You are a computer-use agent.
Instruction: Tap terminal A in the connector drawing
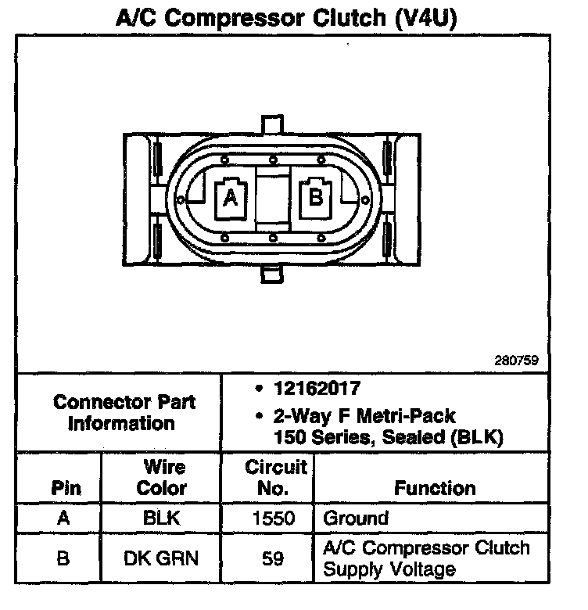point(231,197)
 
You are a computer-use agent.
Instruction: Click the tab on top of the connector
point(271,124)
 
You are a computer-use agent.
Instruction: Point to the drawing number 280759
point(517,361)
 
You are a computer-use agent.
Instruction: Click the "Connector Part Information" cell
point(124,413)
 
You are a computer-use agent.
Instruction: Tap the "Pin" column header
point(66,489)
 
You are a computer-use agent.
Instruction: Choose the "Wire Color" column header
point(162,478)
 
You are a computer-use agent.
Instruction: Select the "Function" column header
point(435,489)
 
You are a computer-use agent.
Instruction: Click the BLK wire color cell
point(162,518)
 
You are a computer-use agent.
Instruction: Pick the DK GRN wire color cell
point(162,558)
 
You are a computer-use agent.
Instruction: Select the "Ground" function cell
point(356,518)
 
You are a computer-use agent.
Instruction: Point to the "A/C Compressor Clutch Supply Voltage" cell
point(426,558)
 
